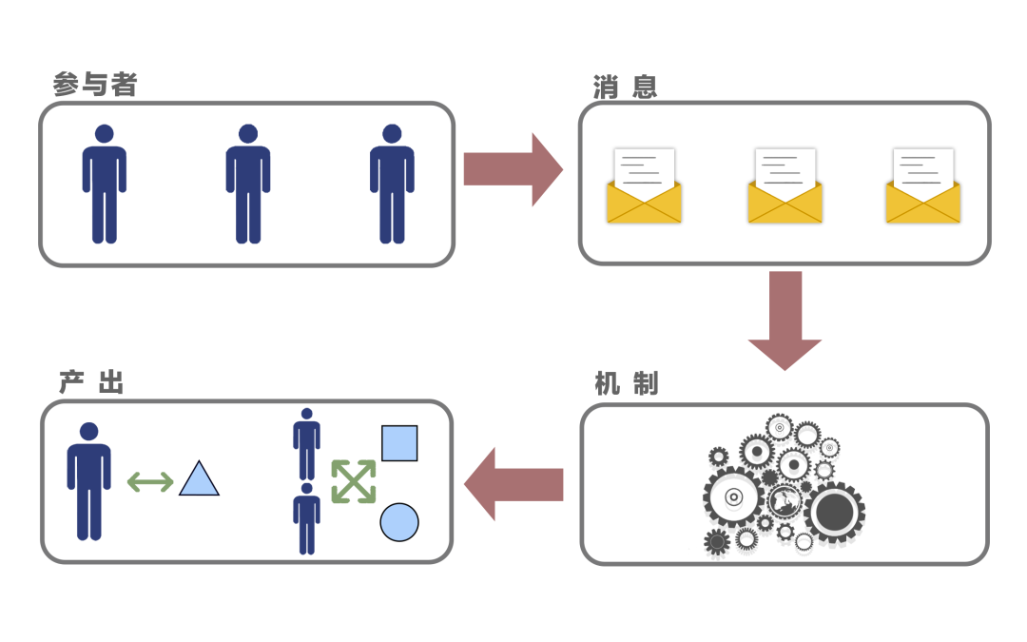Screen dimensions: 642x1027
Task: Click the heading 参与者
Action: tap(95, 86)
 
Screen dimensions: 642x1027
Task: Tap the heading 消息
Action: tap(625, 88)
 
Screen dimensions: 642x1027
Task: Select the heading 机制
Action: tap(626, 384)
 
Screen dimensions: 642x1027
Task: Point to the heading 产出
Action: tap(91, 383)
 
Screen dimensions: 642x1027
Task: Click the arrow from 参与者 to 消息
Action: tap(513, 169)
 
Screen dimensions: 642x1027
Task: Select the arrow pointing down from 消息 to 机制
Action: tap(785, 320)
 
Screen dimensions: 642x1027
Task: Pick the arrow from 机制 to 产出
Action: tap(513, 484)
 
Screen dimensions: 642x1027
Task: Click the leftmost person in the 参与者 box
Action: tap(104, 184)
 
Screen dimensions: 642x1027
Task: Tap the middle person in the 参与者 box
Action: tap(247, 184)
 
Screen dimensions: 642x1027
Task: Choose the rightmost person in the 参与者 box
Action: tap(391, 184)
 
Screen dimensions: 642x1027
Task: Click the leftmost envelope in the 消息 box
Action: tap(644, 187)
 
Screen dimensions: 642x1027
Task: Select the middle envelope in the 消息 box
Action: tap(785, 187)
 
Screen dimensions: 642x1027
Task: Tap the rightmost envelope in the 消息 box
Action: tap(922, 187)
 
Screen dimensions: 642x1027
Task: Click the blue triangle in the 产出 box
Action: tap(199, 480)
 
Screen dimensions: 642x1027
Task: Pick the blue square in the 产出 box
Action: tap(399, 443)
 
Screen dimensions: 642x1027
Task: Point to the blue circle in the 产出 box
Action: tap(399, 522)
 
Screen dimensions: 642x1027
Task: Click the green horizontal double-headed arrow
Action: tap(150, 482)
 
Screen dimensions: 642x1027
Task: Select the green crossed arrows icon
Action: tap(353, 481)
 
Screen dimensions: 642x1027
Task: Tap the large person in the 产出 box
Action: tap(88, 481)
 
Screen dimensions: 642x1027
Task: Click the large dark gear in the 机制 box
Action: tap(834, 512)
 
